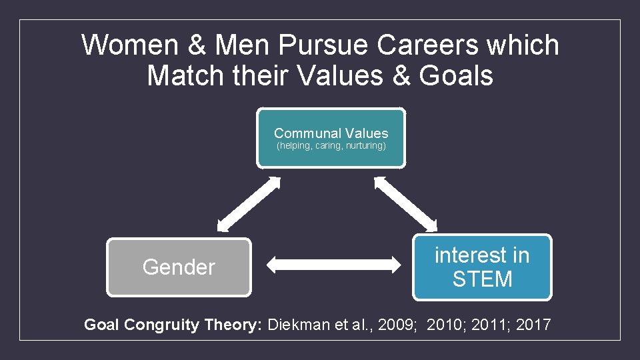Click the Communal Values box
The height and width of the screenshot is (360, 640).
(x=331, y=138)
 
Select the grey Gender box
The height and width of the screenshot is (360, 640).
(x=179, y=267)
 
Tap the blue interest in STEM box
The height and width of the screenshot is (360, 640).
(x=482, y=267)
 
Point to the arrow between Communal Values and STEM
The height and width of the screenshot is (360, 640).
(x=407, y=203)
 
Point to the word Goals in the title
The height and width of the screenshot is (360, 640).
(x=456, y=75)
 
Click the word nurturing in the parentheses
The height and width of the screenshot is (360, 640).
(x=365, y=146)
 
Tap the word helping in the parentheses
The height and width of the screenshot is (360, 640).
(x=295, y=146)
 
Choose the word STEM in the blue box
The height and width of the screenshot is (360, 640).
(x=482, y=279)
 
